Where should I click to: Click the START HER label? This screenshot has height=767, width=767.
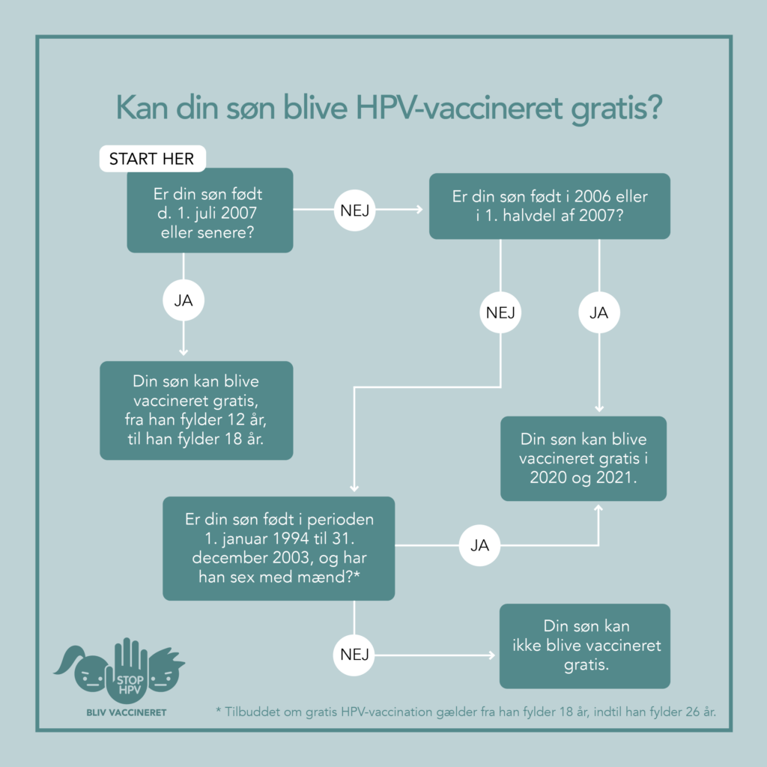click(x=152, y=159)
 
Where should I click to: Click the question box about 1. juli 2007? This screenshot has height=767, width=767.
click(x=210, y=210)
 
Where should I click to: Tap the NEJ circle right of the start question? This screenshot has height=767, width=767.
click(x=354, y=210)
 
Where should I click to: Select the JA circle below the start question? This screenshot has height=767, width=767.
click(x=184, y=300)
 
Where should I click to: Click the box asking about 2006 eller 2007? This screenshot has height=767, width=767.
click(x=549, y=206)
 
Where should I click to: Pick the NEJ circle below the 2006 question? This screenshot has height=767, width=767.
click(x=500, y=312)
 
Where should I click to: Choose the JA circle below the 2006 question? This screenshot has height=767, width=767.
click(x=599, y=312)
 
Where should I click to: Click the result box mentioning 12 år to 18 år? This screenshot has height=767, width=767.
click(x=196, y=410)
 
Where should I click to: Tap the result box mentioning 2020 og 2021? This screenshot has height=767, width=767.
click(x=583, y=458)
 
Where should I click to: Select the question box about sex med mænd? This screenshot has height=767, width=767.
click(x=279, y=548)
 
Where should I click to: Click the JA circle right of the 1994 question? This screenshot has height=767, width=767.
click(x=479, y=545)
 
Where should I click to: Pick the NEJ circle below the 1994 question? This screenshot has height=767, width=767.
click(x=354, y=655)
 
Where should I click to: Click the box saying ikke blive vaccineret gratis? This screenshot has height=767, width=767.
click(x=584, y=646)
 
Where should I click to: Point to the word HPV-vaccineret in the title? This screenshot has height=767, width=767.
click(x=459, y=108)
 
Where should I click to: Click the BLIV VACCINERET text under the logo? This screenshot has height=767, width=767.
click(x=126, y=713)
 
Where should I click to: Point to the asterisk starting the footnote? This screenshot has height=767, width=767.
click(x=218, y=710)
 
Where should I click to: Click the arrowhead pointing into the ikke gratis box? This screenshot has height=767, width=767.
click(x=492, y=655)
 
